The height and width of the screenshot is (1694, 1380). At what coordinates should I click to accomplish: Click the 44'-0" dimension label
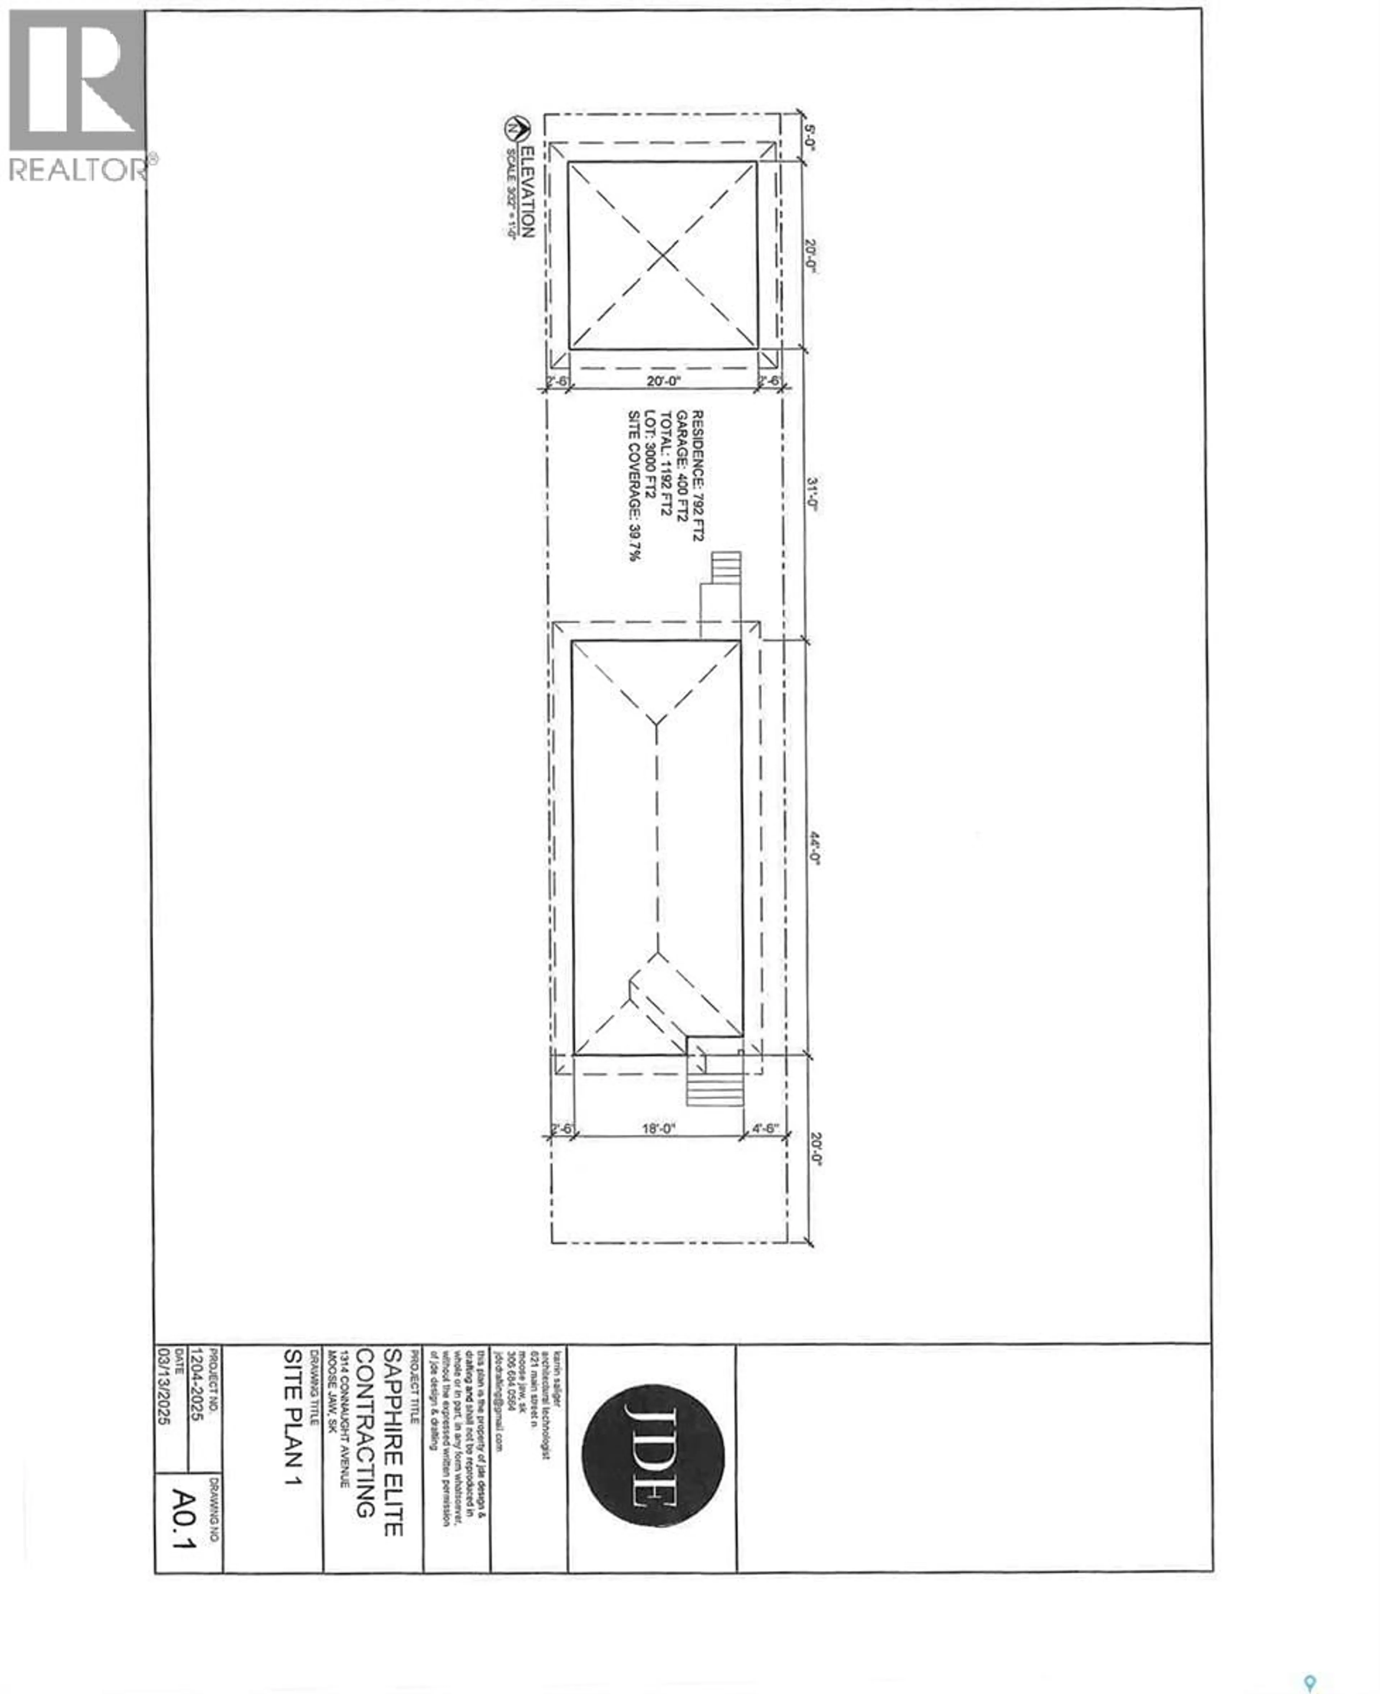[x=814, y=848]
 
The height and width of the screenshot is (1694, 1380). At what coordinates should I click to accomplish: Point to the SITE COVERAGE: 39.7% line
[x=634, y=486]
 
